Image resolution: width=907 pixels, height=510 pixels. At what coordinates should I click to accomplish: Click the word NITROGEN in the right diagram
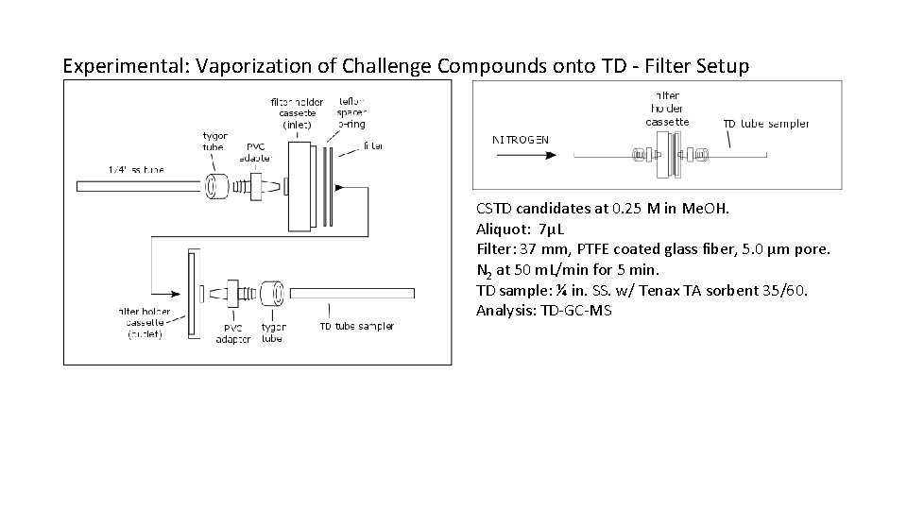[x=521, y=140]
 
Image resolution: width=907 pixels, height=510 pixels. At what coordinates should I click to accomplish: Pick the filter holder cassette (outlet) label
[x=145, y=322]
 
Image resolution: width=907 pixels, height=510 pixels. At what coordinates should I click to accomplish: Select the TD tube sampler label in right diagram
[x=766, y=124]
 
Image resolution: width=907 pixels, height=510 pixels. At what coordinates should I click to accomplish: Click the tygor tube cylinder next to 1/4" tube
[x=218, y=184]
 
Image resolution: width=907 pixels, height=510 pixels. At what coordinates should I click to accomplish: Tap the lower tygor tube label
[x=273, y=332]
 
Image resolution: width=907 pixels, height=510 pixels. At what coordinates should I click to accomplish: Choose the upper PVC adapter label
[x=255, y=152]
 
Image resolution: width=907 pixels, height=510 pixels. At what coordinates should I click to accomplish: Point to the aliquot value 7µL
[x=549, y=229]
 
